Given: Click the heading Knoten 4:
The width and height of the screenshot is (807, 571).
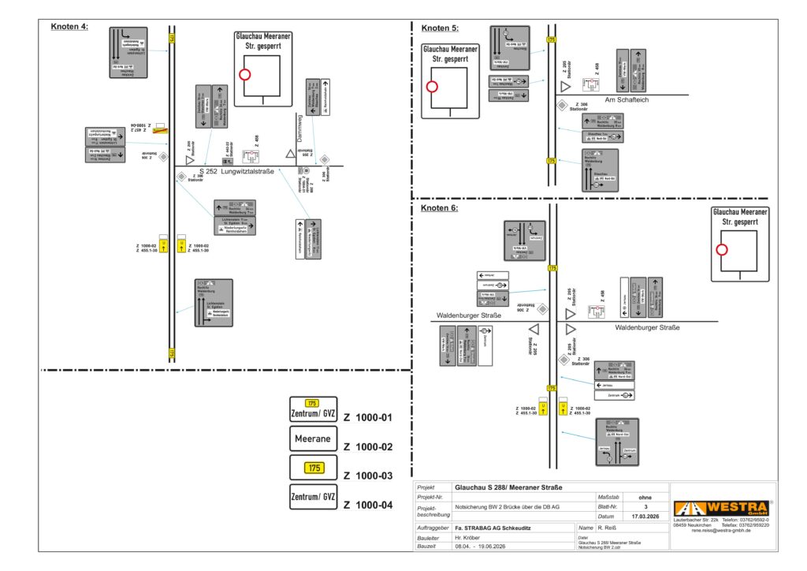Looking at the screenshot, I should click(x=69, y=27).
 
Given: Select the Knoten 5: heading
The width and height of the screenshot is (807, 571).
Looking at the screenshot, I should click(x=440, y=28).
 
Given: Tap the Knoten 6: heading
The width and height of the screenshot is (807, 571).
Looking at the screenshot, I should click(x=440, y=208).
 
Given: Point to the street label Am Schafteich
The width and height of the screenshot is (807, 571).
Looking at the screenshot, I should click(x=627, y=100).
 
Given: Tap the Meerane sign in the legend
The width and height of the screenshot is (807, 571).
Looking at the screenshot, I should click(x=314, y=439).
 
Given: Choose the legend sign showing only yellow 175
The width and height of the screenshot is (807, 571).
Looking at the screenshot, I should click(x=314, y=468).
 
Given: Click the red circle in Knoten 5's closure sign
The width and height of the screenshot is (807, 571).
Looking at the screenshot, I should click(x=432, y=87).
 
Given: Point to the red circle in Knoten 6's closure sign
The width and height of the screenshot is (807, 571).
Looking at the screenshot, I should click(x=721, y=250).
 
